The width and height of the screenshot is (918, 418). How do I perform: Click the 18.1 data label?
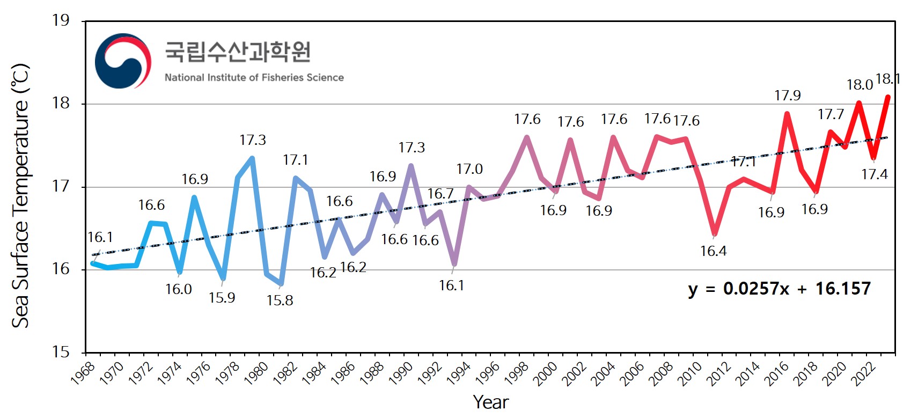pos(887,79)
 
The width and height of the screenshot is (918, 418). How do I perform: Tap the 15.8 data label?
pos(280,300)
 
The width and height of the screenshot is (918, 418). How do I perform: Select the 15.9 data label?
pos(222,297)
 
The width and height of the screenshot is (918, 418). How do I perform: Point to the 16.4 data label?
pos(713,251)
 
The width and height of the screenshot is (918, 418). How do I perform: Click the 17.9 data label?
pos(787,96)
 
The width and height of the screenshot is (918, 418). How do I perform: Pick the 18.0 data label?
pos(860,85)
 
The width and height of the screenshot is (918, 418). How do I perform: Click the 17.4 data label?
pos(874,174)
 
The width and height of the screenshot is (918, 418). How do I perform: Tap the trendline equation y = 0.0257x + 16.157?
pos(779,289)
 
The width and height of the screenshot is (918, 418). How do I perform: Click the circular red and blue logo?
pos(123,61)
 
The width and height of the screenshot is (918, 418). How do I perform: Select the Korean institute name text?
pos(238,52)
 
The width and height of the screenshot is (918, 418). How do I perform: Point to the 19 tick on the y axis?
pos(61,20)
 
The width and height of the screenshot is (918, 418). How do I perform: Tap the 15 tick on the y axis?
pos(61,352)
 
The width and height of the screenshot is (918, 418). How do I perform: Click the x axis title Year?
pos(490,402)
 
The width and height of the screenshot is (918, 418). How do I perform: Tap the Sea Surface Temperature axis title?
pos(20,196)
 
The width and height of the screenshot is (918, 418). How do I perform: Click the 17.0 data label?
pos(469,169)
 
